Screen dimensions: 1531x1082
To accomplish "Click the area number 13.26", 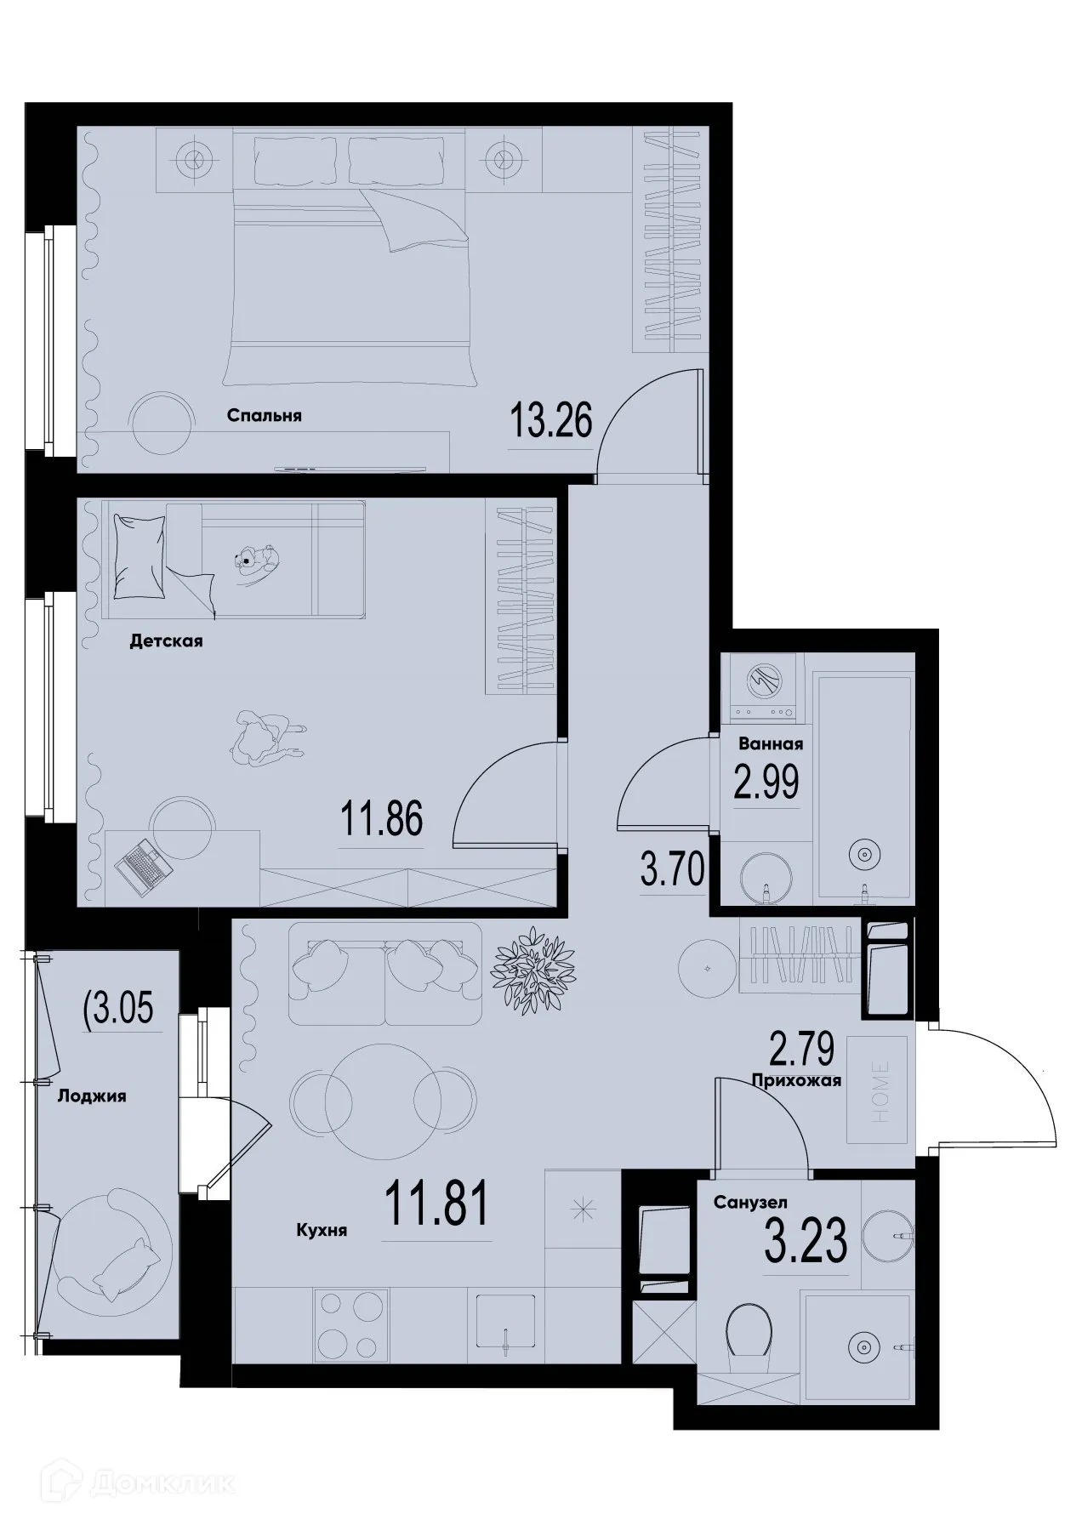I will (x=550, y=420).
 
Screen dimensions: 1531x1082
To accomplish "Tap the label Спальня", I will (x=265, y=416).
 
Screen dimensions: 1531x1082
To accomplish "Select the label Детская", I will (x=166, y=640).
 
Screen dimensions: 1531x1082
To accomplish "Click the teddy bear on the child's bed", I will (x=254, y=560).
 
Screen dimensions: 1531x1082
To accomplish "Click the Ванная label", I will (x=771, y=744).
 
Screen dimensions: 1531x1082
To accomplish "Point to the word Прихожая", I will (x=797, y=1081).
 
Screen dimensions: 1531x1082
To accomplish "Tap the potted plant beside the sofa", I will (x=534, y=966).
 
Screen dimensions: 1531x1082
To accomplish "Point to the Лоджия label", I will (x=92, y=1096).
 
